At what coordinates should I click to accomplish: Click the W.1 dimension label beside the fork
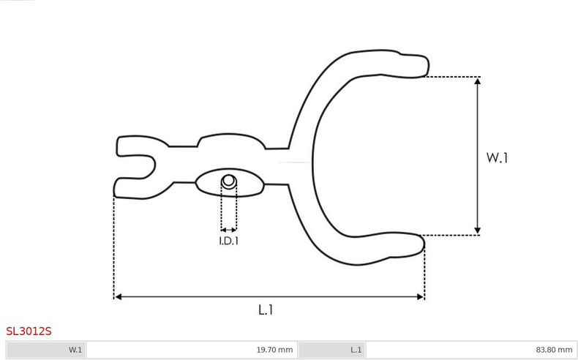(x=497, y=158)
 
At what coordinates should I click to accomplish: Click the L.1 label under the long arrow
(x=266, y=310)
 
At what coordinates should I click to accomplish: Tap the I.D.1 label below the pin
(x=229, y=241)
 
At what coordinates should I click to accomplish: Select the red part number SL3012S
(x=29, y=331)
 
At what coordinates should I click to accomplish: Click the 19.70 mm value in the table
(x=274, y=350)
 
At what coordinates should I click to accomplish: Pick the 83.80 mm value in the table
(x=554, y=350)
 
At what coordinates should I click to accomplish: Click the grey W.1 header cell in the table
(x=47, y=350)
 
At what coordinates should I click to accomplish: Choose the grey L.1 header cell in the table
(x=332, y=350)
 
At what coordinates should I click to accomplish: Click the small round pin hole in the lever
(x=229, y=181)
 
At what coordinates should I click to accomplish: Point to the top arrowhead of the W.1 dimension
(x=477, y=80)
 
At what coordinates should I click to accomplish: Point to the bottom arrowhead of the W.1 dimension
(x=477, y=230)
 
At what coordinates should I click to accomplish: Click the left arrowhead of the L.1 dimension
(x=118, y=296)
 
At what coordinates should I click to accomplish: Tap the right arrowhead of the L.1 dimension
(x=420, y=296)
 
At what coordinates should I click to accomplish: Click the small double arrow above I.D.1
(x=229, y=230)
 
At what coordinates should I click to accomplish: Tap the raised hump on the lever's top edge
(x=230, y=140)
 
